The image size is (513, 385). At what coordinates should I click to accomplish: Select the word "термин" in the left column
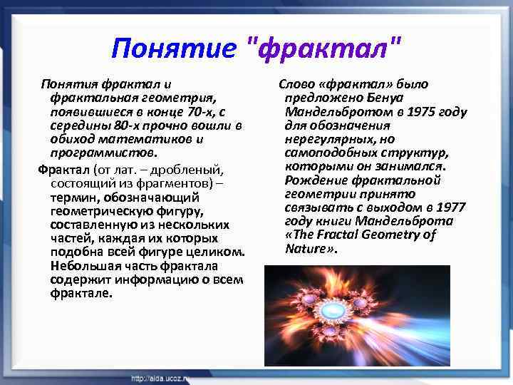click(71, 197)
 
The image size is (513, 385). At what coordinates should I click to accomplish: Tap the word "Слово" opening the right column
click(295, 84)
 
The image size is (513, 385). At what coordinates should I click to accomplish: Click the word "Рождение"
click(311, 180)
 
